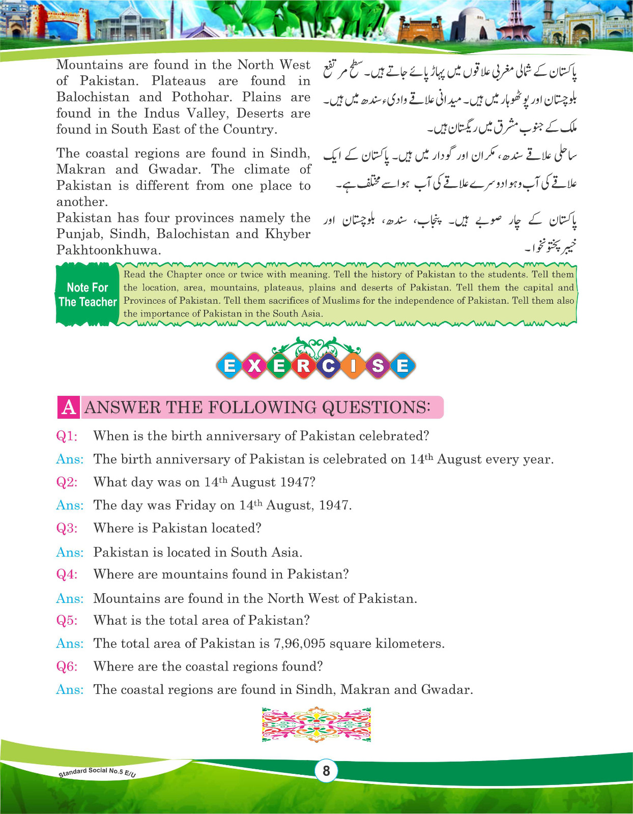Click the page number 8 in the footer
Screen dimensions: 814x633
point(326,771)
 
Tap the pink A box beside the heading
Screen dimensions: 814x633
point(69,408)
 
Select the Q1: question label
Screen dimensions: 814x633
point(67,436)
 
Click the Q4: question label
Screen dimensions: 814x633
point(67,574)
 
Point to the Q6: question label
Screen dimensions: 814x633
point(67,666)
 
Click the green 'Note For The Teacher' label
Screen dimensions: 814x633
point(88,295)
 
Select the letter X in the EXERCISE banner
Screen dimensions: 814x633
point(254,366)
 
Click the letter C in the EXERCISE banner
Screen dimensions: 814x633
point(328,366)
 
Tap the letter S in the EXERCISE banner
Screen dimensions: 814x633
point(378,366)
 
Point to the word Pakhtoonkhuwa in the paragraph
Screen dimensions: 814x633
point(108,250)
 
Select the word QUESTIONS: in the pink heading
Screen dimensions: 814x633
point(376,408)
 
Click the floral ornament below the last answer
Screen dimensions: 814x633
point(316,724)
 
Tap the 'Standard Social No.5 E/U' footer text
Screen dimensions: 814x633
point(97,773)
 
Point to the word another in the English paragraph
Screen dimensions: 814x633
point(81,202)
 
